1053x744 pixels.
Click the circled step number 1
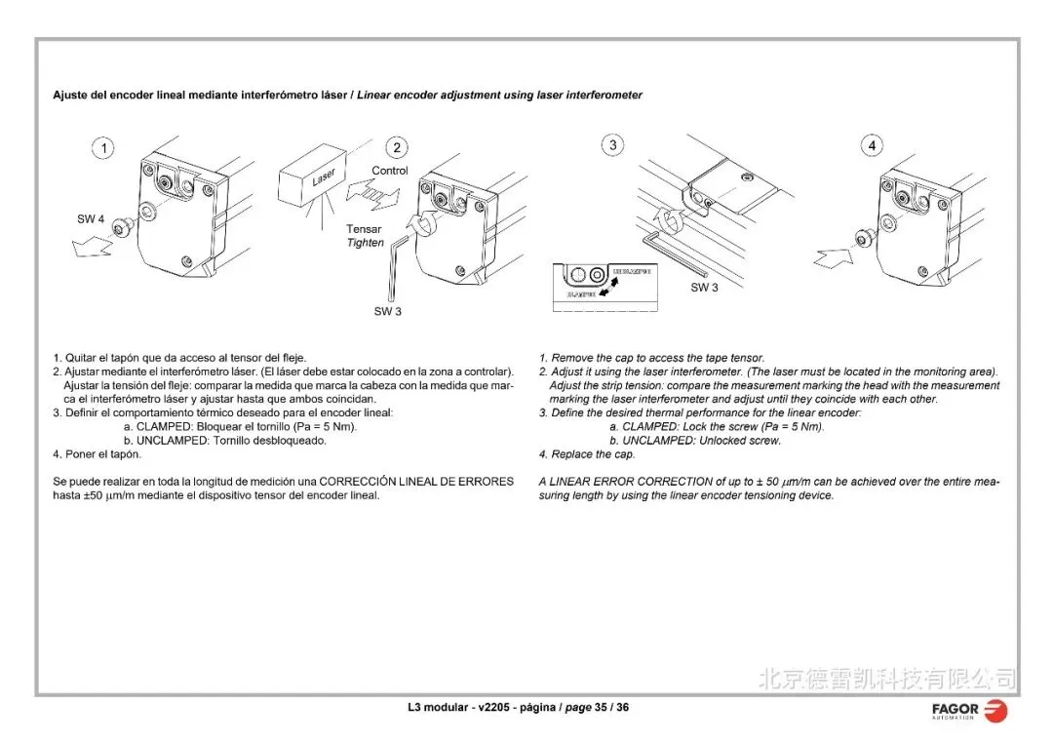pos(102,148)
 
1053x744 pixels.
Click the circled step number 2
pos(397,148)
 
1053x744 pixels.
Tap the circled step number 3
pos(612,145)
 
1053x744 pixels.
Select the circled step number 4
pos(872,146)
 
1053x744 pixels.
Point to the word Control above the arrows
pos(390,171)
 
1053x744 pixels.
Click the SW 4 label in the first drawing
pos(91,219)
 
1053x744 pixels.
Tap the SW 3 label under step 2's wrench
pos(387,311)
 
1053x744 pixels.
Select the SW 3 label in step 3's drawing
pos(704,288)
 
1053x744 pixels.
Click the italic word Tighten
pos(366,243)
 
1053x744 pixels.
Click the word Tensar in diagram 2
pos(365,229)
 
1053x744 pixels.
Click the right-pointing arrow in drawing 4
pos(831,258)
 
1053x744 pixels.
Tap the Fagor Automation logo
pos(969,711)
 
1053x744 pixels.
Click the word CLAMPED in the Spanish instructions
pos(164,426)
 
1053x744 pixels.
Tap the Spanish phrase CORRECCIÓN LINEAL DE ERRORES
pos(416,482)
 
